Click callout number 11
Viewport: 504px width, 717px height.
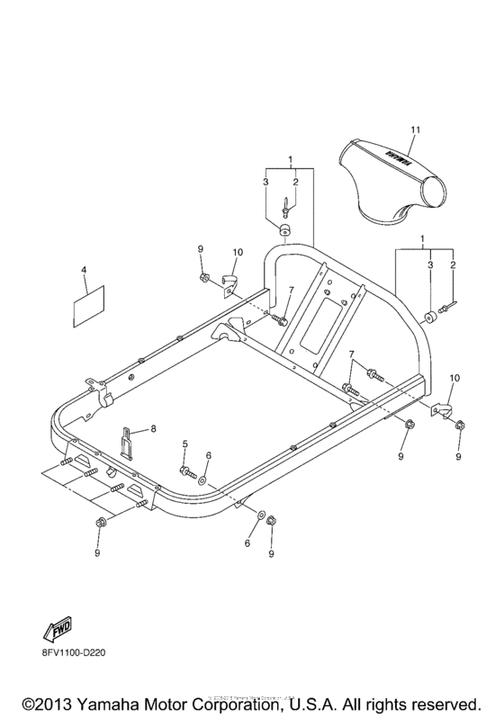click(x=415, y=131)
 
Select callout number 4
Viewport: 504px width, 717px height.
click(x=83, y=269)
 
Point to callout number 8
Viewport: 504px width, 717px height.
click(x=153, y=430)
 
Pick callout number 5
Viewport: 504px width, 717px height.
click(x=185, y=444)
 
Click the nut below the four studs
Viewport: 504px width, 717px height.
click(x=99, y=523)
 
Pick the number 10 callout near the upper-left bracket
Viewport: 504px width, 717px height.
click(x=238, y=254)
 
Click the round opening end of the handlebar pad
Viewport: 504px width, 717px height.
click(x=436, y=192)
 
